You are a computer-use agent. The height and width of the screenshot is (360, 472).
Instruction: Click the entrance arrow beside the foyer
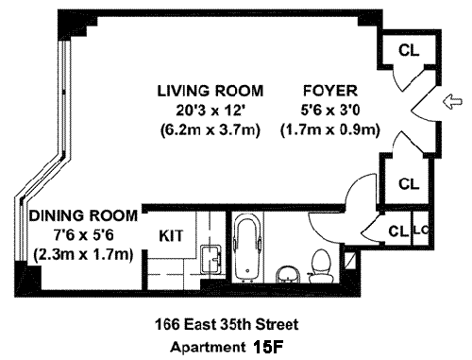453,102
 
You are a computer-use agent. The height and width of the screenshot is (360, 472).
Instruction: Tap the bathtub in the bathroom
247,248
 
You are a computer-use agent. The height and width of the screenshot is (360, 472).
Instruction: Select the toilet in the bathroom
320,266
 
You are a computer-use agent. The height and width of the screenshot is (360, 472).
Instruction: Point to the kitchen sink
211,259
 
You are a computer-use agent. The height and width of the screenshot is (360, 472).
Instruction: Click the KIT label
171,236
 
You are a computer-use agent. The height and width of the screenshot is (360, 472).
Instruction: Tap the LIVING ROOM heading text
211,91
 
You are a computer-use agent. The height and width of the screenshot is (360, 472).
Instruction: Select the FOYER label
330,91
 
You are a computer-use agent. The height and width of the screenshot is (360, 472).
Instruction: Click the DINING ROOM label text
83,216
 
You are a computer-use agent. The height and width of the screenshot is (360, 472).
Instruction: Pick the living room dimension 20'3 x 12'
211,111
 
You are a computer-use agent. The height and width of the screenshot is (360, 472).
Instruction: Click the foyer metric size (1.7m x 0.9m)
330,129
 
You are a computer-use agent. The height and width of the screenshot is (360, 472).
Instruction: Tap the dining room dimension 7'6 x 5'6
83,235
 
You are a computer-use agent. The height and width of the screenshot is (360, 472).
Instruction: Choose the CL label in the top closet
409,50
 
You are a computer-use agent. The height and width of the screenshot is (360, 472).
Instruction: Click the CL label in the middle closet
409,183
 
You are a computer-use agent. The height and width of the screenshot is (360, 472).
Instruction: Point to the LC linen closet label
421,231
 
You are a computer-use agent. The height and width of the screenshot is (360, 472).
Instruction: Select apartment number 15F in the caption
268,347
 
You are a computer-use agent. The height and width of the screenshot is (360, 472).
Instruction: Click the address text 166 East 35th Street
227,324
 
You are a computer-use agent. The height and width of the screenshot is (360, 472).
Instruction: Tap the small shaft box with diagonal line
349,261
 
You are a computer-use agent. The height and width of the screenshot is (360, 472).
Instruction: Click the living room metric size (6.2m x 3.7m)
211,129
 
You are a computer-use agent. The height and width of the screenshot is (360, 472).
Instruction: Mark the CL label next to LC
398,231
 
